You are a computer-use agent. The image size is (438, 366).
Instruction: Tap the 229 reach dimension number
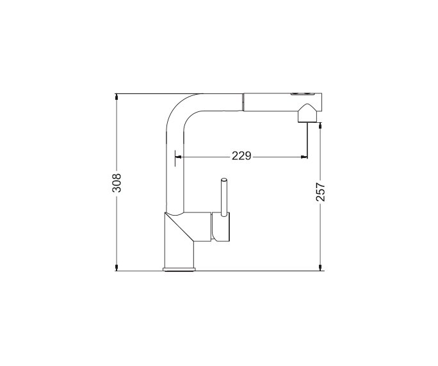241,155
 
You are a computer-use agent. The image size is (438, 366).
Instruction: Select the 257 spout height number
321,191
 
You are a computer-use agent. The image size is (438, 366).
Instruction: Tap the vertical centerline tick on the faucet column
173,155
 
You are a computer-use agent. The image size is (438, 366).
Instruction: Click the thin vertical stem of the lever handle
225,198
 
